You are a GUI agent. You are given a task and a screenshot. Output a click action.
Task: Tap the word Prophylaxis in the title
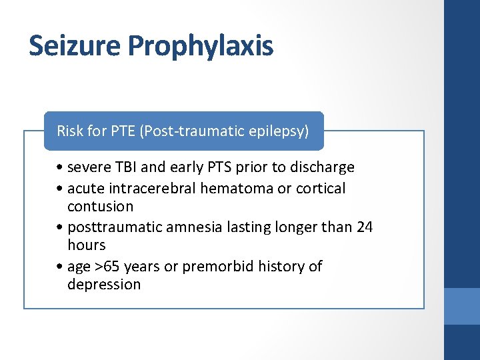201,47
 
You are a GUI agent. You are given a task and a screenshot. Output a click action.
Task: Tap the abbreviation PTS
215,167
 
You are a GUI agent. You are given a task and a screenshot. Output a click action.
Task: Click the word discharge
322,167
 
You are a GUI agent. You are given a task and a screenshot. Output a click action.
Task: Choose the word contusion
100,207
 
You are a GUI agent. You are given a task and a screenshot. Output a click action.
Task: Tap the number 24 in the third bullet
365,227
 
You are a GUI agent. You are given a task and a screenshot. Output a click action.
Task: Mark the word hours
86,245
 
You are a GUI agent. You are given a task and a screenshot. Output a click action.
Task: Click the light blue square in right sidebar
462,306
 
